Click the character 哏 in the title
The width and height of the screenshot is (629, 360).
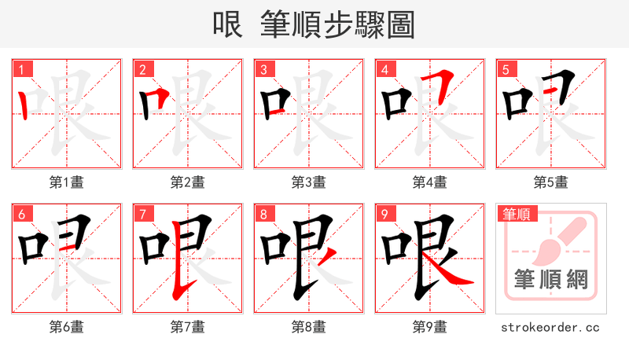[x=228, y=25]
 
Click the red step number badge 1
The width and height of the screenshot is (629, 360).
[x=21, y=70]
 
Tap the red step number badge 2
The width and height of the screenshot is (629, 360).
[x=142, y=70]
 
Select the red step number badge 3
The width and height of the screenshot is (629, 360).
[x=263, y=70]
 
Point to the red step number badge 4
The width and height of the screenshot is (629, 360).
[x=384, y=70]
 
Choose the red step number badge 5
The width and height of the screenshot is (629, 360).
[x=506, y=70]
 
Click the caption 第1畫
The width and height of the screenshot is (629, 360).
[x=67, y=182]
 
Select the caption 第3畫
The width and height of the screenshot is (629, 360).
[x=309, y=182]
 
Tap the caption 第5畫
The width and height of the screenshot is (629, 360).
[x=551, y=182]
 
